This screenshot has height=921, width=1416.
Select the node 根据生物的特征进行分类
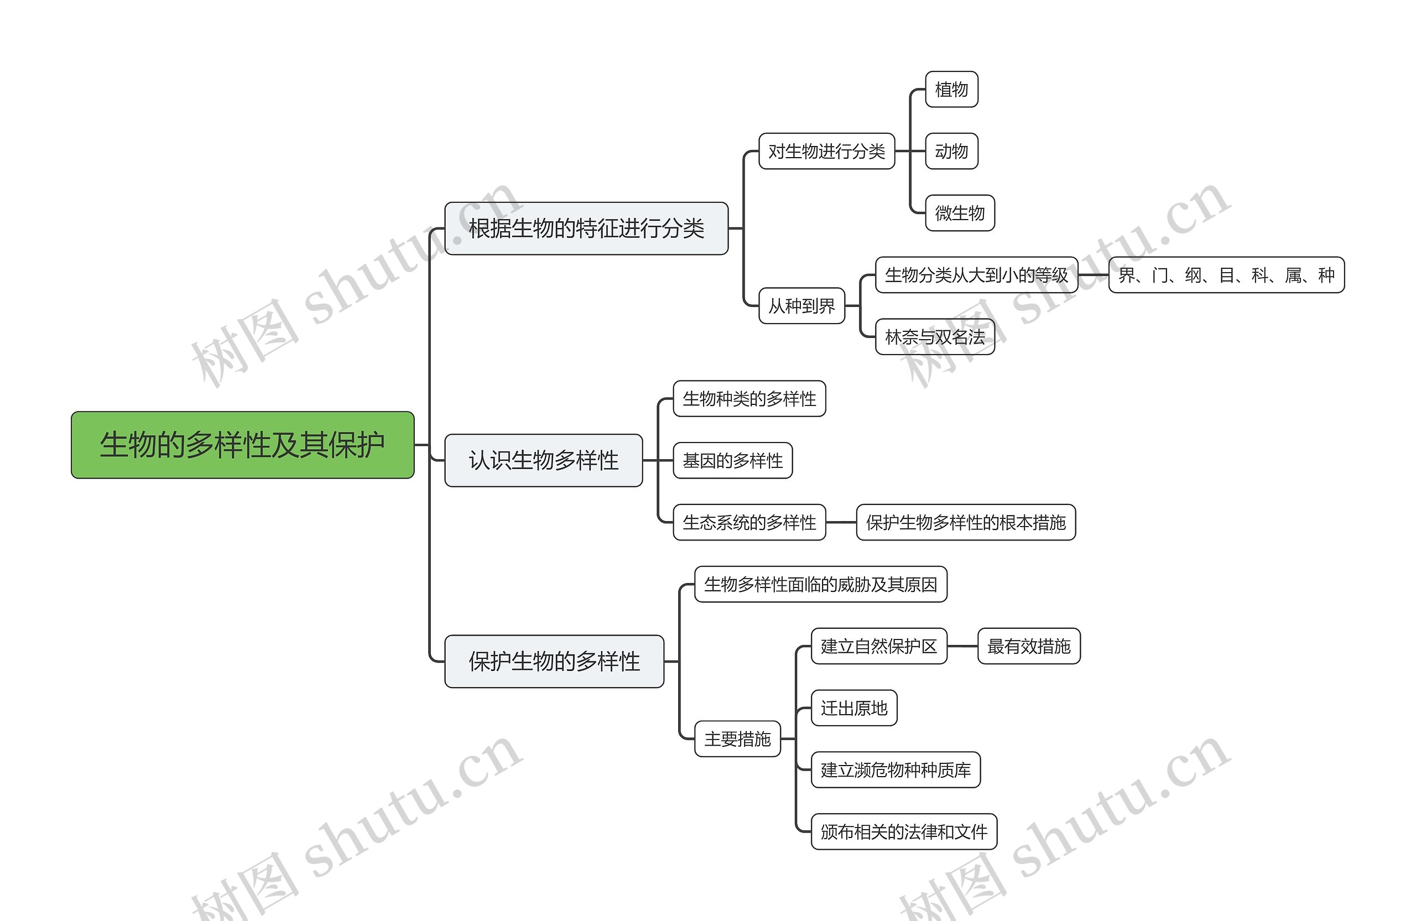[x=586, y=228]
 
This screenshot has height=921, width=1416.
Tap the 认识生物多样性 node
[x=543, y=460]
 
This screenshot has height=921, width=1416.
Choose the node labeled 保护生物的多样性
[x=554, y=662]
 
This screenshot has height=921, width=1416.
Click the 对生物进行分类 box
[x=826, y=151]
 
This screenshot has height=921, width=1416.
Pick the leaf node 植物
[x=951, y=89]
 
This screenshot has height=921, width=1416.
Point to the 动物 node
[x=951, y=151]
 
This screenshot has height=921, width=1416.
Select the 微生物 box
[x=960, y=213]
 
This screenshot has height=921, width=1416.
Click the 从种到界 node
[x=801, y=306]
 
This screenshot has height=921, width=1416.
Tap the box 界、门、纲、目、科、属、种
[x=1226, y=275]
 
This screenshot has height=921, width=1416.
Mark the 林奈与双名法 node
[x=935, y=337]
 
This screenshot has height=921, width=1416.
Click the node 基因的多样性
[x=732, y=460]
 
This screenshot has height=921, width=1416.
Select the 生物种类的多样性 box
[x=749, y=399]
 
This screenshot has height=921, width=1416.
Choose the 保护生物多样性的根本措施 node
[x=966, y=522]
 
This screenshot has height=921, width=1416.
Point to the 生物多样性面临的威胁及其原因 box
[x=820, y=584]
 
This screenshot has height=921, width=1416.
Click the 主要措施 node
[x=737, y=739]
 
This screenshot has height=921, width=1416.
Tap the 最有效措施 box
[x=1029, y=646]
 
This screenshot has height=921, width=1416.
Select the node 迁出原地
[x=854, y=708]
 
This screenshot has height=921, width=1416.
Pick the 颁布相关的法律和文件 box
[x=904, y=832]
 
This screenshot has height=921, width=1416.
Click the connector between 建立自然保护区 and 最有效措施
[x=962, y=646]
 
